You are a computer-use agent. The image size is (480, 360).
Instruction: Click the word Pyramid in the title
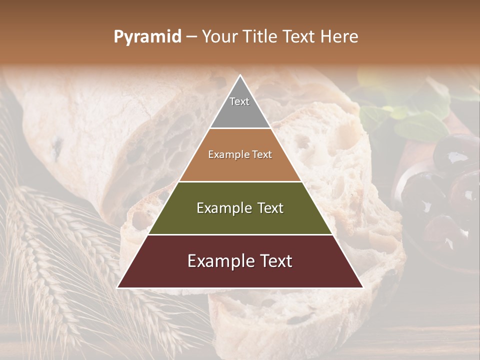(147, 37)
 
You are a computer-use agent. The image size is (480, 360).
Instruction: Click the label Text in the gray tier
(239, 101)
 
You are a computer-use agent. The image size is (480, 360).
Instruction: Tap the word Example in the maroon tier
(220, 261)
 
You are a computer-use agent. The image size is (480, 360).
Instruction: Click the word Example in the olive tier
(224, 208)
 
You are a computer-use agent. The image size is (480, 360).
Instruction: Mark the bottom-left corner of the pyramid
(118, 287)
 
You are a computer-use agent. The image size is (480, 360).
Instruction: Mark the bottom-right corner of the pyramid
(362, 287)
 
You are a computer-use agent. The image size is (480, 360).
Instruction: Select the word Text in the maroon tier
(273, 261)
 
